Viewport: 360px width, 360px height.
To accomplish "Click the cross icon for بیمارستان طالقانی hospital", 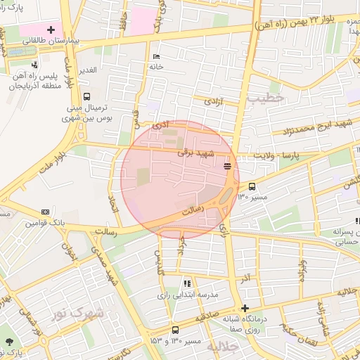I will (x=50, y=30).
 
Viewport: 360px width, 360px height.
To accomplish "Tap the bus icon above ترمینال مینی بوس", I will (x=86, y=97).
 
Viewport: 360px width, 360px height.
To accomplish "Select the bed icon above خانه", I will (x=155, y=56).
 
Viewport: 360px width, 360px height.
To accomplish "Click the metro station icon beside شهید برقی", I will (x=226, y=166).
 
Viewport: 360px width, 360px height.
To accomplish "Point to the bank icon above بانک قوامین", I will (x=46, y=212).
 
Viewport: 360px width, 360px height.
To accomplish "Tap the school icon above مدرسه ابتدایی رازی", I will (x=186, y=283).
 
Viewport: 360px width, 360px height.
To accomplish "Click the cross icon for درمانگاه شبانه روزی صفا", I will (x=245, y=308).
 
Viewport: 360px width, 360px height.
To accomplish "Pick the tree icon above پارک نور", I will (x=9, y=342).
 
